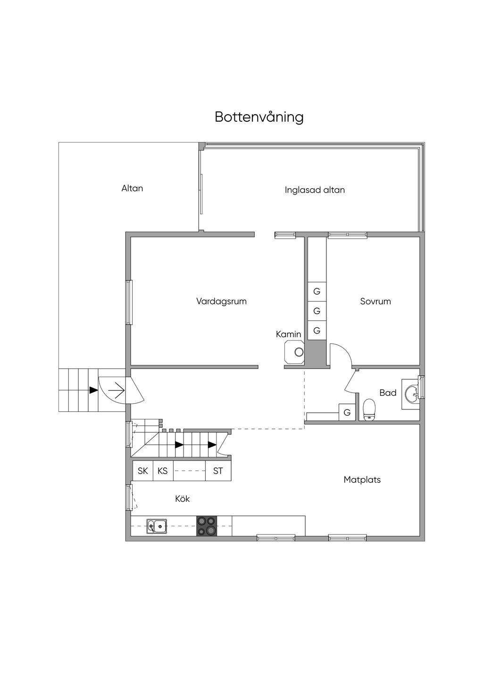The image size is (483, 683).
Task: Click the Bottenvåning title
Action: point(259,117)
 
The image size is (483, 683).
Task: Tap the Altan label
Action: point(132,188)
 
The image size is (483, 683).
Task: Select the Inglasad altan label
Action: point(315,190)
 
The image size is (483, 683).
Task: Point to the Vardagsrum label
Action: point(221,301)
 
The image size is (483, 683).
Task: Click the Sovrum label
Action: point(375,301)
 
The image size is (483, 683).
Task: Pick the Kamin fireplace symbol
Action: point(294,352)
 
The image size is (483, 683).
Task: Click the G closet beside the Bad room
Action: point(347,412)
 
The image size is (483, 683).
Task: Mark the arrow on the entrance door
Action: point(116,390)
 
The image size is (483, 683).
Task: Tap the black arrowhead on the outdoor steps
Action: point(93,390)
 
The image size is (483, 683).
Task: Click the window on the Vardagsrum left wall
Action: point(129,302)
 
